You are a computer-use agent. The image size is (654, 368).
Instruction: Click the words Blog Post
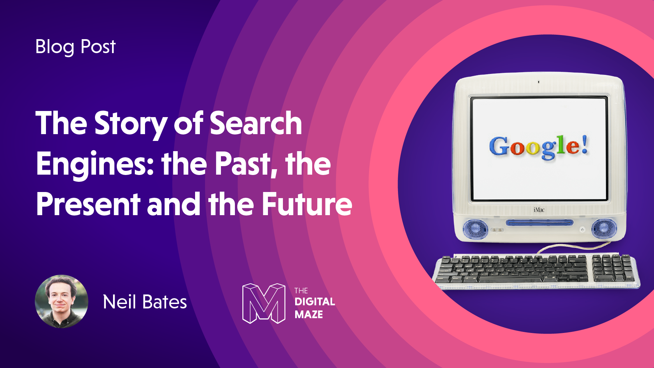(75, 47)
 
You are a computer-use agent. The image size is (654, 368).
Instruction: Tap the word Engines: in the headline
(95, 164)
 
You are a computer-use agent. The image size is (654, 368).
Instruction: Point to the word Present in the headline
(88, 204)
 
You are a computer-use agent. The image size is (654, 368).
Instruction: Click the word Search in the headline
(256, 123)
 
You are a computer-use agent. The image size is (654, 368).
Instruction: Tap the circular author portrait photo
(62, 302)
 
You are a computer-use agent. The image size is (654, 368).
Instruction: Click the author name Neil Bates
(145, 302)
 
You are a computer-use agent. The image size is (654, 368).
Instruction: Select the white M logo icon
(264, 303)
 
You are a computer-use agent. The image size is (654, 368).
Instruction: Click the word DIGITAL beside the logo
(315, 302)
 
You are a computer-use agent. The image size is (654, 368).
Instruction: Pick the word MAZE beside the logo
(309, 315)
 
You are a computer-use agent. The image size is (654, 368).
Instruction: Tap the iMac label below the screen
(539, 210)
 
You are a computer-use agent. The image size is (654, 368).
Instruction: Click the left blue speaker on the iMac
(475, 228)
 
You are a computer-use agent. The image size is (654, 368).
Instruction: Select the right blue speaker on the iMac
(604, 228)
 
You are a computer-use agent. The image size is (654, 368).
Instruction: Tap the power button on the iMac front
(582, 230)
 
